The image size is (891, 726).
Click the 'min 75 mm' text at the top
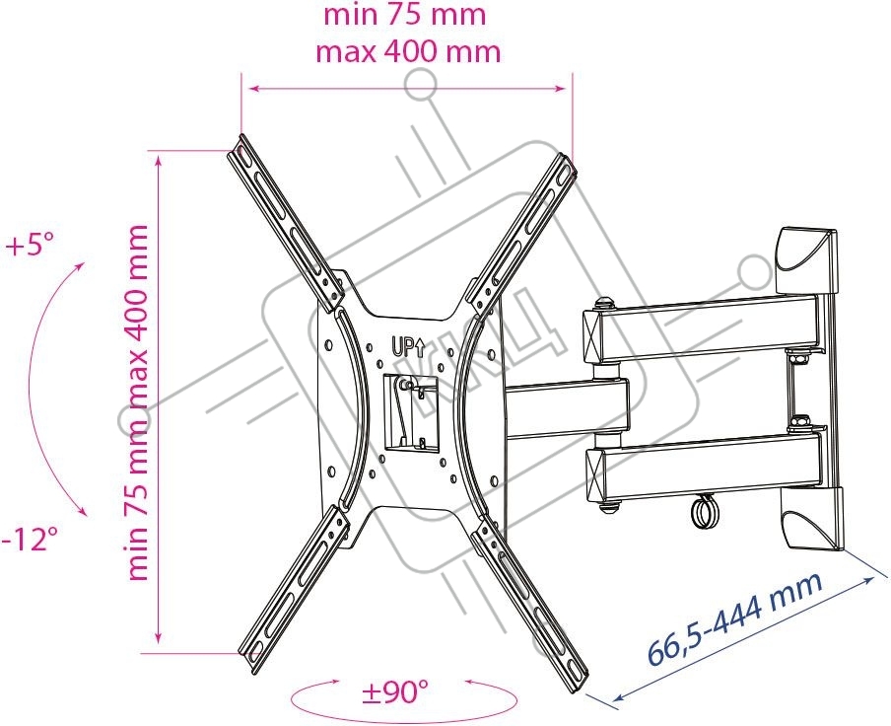(404, 16)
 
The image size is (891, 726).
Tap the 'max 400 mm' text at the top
(408, 52)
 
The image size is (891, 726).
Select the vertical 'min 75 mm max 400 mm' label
(137, 402)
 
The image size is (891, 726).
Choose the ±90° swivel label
(395, 692)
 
